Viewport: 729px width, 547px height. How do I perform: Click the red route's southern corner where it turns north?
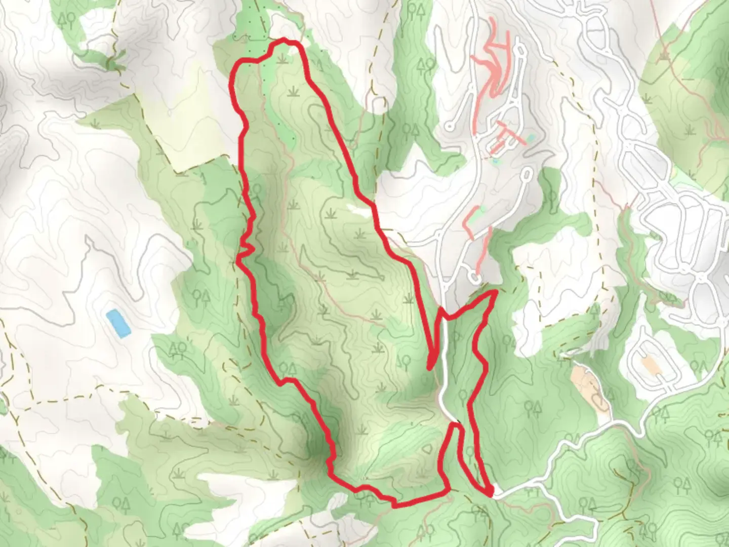point(448,489)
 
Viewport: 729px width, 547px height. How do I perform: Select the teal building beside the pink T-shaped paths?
point(530,137)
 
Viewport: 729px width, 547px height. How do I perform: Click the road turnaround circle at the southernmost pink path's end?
point(473,277)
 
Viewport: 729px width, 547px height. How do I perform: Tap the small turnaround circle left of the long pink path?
point(449,125)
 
